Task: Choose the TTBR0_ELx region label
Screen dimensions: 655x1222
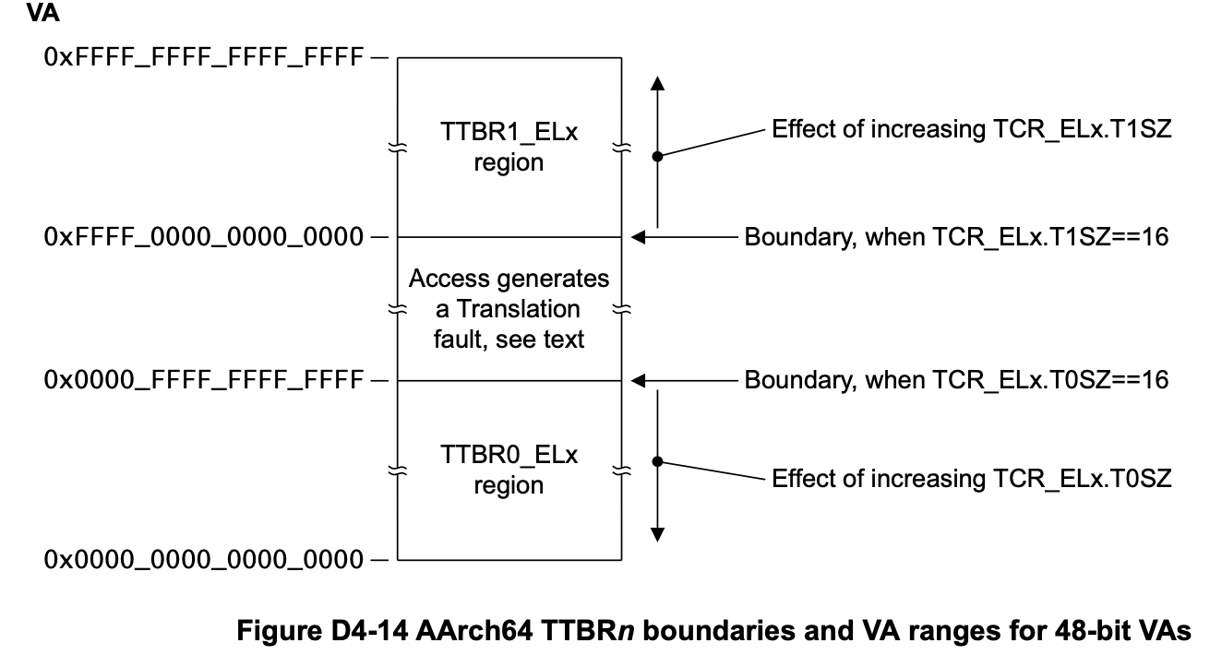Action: [x=509, y=469]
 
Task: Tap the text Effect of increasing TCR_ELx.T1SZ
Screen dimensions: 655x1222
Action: [x=971, y=130]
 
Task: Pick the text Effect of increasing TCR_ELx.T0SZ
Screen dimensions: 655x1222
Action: [x=971, y=479]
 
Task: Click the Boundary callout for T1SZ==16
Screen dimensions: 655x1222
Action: [x=956, y=238]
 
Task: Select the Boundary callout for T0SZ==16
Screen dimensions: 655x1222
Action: [x=956, y=379]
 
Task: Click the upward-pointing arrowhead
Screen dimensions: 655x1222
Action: [x=657, y=84]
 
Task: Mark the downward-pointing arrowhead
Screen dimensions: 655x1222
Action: [x=657, y=532]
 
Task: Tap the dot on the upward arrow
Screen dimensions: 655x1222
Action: [x=657, y=157]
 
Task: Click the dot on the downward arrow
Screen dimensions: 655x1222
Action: [x=657, y=461]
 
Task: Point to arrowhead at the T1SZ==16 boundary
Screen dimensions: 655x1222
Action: [x=637, y=238]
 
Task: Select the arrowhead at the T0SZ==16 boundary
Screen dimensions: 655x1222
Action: [x=637, y=379]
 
